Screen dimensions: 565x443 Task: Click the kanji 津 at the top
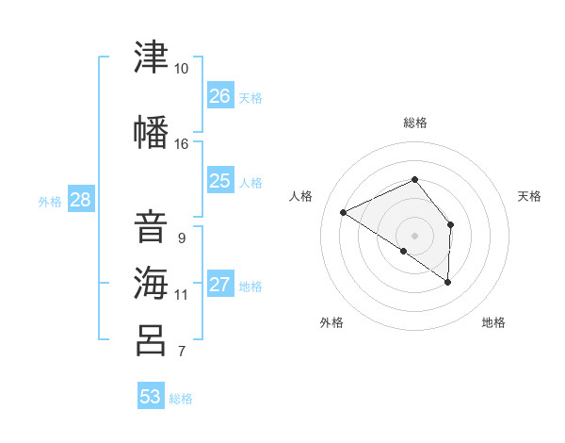[151, 57]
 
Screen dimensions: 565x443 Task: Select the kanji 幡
[151, 132]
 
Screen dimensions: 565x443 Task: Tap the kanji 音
[151, 227]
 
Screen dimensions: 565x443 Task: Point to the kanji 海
[151, 283]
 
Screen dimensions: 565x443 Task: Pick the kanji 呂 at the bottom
[151, 340]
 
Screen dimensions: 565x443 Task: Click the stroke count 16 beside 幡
[181, 144]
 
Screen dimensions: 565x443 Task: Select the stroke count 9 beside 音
[182, 238]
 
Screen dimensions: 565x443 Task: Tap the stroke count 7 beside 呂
[182, 352]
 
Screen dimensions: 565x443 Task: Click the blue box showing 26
[220, 94]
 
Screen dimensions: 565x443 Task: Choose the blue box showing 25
[220, 179]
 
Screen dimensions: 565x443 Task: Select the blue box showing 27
[220, 283]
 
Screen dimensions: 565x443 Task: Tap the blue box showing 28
[81, 199]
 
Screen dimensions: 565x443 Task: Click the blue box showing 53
[151, 395]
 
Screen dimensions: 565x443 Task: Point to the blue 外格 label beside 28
[50, 202]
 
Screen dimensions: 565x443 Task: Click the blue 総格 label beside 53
[181, 399]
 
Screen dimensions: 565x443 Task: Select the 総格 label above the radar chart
[415, 123]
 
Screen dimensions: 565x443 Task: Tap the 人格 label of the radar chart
[300, 196]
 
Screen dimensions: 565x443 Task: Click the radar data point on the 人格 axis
[344, 212]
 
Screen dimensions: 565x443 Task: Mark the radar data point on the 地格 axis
[447, 282]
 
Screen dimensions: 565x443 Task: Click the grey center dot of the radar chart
[414, 236]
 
